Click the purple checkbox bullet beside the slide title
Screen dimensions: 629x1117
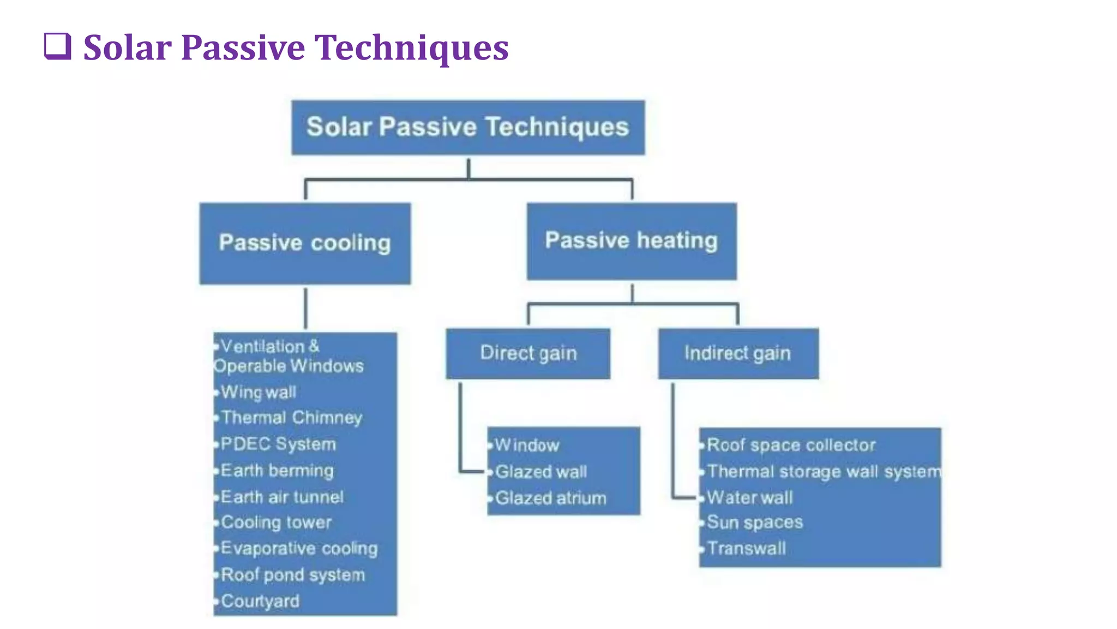tap(57, 46)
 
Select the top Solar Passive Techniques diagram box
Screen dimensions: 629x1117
tap(468, 127)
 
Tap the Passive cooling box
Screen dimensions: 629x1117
tap(305, 244)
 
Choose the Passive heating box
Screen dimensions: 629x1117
tap(632, 241)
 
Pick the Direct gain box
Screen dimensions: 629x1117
tap(528, 353)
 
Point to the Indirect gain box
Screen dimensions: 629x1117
tap(738, 353)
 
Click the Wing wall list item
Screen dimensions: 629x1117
tap(259, 392)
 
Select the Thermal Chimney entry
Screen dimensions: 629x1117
tap(292, 418)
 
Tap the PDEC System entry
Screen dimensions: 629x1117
tap(278, 444)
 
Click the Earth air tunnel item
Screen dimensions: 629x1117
tap(283, 497)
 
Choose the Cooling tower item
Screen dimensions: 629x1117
tap(277, 523)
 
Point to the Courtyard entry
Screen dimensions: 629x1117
tap(260, 601)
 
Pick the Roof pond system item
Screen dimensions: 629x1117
tap(293, 575)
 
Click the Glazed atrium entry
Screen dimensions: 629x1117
tap(551, 498)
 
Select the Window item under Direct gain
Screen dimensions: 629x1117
tap(527, 446)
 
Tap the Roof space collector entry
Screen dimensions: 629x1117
tap(791, 445)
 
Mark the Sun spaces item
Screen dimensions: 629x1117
tap(755, 523)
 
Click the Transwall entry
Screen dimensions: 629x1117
tap(746, 548)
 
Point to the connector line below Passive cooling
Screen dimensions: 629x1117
tap(305, 308)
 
